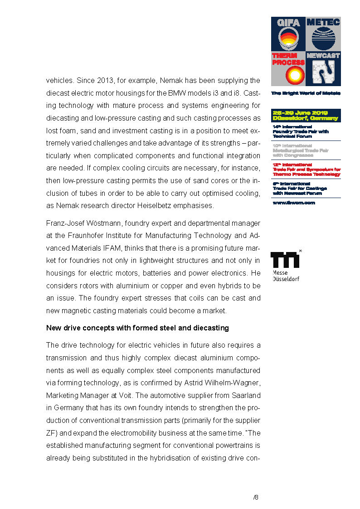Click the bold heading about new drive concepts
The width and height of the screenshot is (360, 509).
click(x=137, y=328)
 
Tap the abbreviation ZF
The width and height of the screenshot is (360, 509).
click(x=51, y=433)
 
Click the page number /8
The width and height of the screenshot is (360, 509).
click(x=256, y=497)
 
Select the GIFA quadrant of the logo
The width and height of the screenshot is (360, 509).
click(x=288, y=34)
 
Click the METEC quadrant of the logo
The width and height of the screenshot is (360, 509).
click(x=323, y=34)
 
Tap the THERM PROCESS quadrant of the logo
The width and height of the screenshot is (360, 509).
click(x=288, y=69)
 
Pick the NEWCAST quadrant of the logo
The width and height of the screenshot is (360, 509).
click(x=323, y=69)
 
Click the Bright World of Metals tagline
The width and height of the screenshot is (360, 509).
click(x=306, y=93)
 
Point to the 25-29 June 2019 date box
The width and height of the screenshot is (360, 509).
click(x=306, y=116)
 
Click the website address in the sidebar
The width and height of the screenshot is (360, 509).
click(x=293, y=203)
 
